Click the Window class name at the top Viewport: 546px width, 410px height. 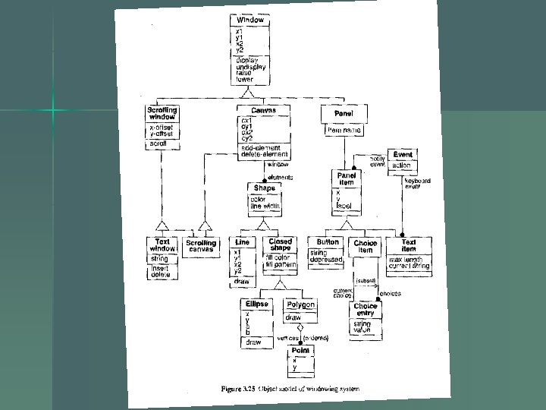(249, 20)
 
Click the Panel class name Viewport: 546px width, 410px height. (337, 112)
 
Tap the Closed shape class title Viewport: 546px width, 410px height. (280, 245)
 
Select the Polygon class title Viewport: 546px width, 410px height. (300, 304)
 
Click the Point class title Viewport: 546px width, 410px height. (300, 350)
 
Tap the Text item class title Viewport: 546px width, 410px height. (409, 245)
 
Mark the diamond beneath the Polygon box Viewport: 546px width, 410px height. (300, 329)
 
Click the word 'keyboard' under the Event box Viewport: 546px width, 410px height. (417, 181)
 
